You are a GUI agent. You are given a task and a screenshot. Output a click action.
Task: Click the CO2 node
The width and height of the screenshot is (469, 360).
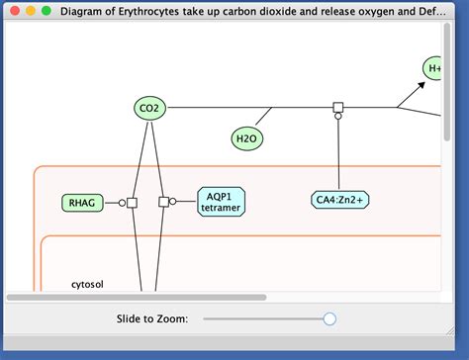tap(148, 109)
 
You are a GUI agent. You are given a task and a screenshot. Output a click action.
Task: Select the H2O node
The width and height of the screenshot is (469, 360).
tap(246, 138)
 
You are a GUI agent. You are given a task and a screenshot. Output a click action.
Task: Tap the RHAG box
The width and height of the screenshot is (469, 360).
tap(82, 203)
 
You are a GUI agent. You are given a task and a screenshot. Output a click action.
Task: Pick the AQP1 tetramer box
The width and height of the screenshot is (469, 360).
tap(221, 202)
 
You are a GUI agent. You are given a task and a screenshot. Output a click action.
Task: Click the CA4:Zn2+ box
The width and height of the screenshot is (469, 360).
tap(339, 200)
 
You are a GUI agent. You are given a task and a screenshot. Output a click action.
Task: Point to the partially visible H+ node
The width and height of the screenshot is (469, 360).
tap(433, 68)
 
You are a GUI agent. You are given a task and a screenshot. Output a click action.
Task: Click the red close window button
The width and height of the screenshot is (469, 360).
tap(15, 10)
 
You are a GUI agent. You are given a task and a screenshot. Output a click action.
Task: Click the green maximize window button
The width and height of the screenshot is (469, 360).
tap(47, 10)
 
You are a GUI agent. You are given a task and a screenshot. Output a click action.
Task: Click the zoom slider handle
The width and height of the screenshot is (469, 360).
tap(329, 318)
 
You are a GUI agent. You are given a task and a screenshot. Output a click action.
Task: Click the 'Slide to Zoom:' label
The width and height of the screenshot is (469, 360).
tap(159, 318)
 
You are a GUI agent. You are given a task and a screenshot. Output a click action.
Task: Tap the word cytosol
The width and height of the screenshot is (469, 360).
tap(87, 285)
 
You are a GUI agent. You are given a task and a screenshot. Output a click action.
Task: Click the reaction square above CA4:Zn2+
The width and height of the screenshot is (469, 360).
tap(337, 107)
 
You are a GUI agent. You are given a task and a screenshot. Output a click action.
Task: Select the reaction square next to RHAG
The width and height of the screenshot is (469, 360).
tap(132, 203)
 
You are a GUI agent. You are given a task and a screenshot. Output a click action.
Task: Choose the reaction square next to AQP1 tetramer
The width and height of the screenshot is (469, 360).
tap(163, 202)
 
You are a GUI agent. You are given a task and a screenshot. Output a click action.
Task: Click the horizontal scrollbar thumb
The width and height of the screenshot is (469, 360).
tap(137, 297)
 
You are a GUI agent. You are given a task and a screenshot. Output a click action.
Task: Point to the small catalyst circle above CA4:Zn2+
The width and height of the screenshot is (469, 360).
tap(337, 117)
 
